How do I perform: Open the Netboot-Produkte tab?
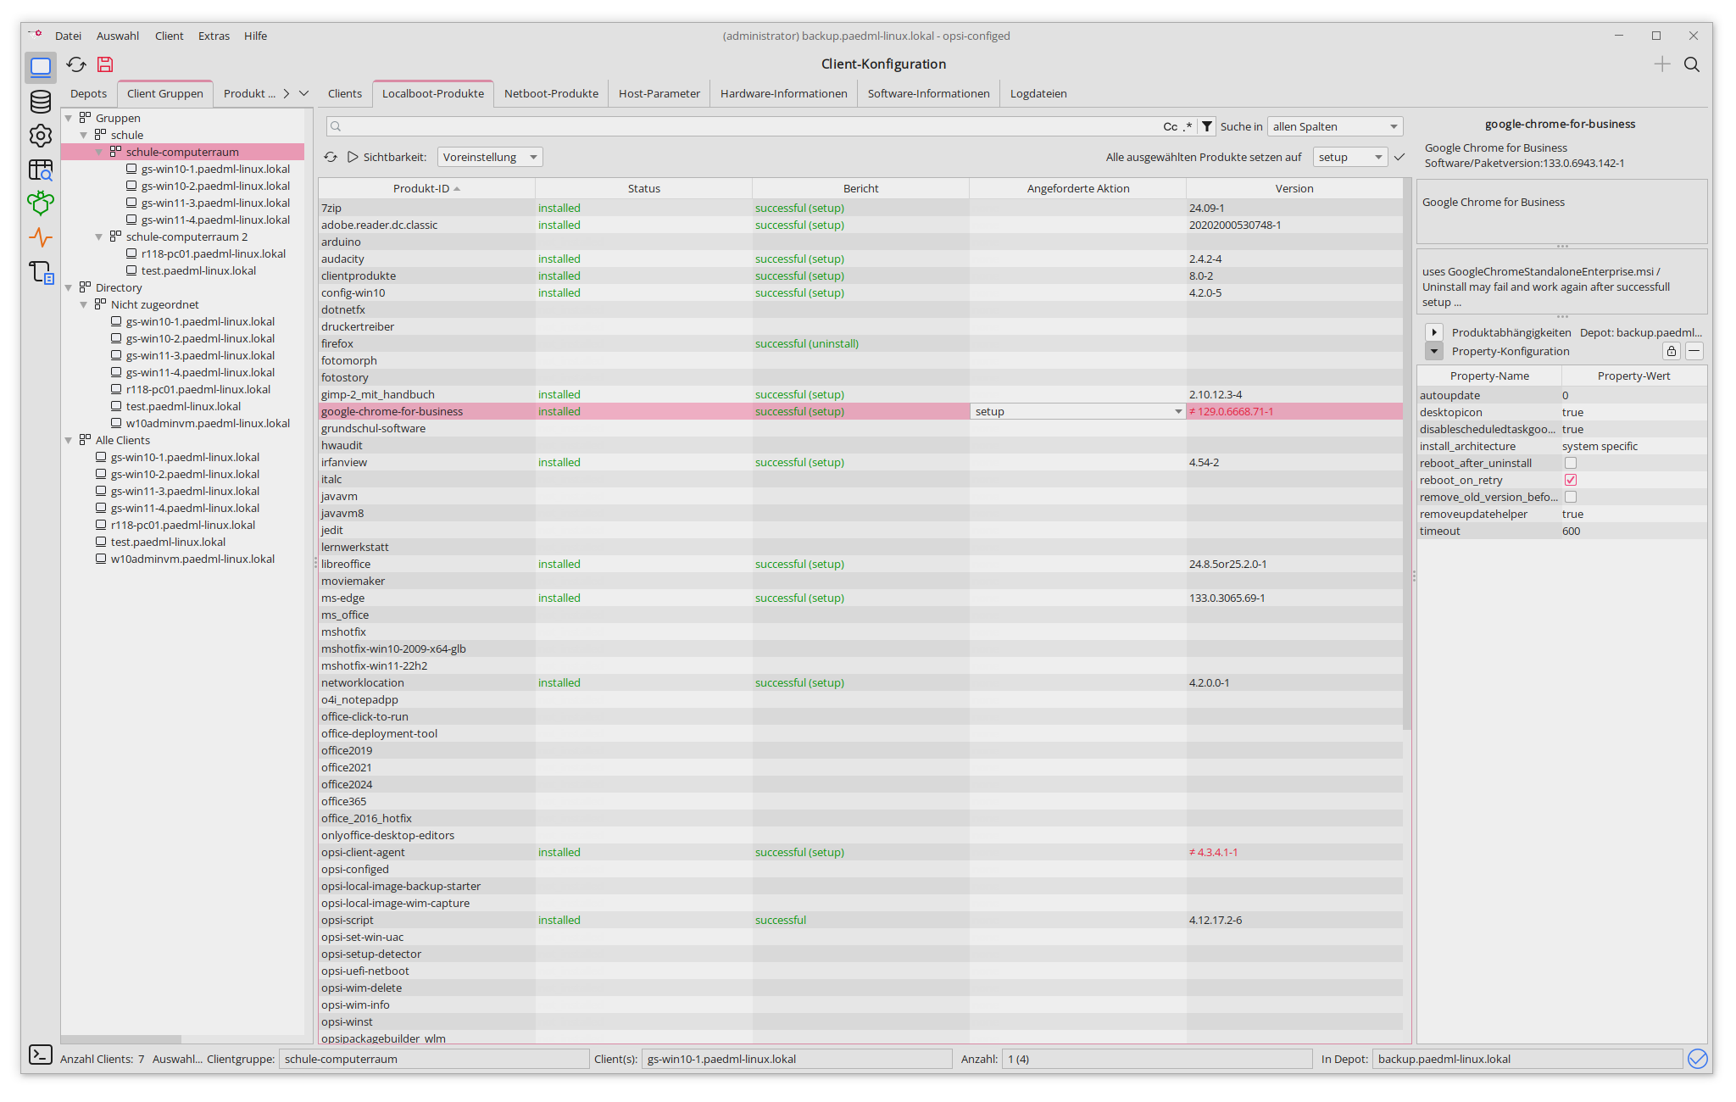coord(551,93)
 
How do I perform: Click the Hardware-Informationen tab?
coord(783,93)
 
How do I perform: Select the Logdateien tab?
coord(1038,93)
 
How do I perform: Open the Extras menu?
coord(214,36)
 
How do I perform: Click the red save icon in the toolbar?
coord(105,64)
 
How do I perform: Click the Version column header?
coord(1294,188)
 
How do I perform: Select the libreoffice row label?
coord(346,564)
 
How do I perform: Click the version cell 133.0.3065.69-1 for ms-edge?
coord(1227,598)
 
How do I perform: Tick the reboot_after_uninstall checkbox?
coord(1571,463)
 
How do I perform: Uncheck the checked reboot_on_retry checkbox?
coord(1571,480)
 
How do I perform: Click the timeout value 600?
coord(1571,531)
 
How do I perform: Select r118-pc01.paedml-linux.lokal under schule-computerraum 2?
coord(214,253)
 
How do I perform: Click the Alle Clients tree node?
coord(123,440)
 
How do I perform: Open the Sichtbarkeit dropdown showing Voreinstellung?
coord(490,157)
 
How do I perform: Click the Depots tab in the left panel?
coord(88,93)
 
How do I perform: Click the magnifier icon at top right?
coord(1691,64)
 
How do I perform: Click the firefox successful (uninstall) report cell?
coord(806,343)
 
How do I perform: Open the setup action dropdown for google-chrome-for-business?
coord(1177,411)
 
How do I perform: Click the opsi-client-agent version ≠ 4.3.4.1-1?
coord(1213,852)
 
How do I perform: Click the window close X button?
coord(1693,36)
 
